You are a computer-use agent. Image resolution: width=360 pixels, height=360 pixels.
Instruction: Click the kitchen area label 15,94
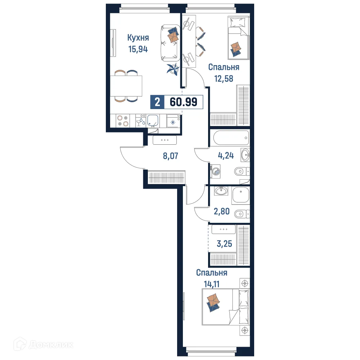(x=138, y=49)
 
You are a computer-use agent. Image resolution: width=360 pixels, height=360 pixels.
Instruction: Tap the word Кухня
(x=138, y=37)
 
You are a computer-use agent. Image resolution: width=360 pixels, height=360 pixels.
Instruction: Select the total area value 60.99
(x=183, y=102)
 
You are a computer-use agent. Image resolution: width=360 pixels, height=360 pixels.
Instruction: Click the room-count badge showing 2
(x=157, y=102)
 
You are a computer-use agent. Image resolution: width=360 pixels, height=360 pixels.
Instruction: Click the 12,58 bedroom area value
(x=224, y=78)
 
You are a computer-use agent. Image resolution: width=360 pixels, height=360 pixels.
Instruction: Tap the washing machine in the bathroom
(x=216, y=171)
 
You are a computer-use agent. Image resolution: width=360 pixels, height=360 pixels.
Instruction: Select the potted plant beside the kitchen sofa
(x=172, y=68)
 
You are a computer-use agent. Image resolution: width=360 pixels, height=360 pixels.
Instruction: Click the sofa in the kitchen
(x=169, y=42)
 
